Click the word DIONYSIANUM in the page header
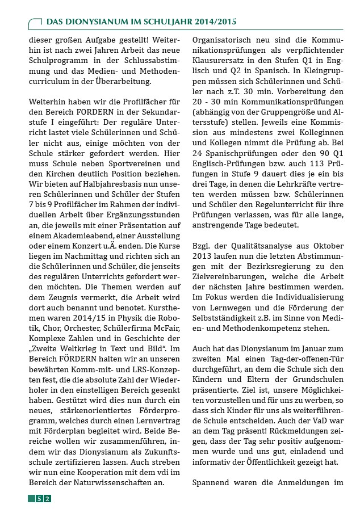coord(94,21)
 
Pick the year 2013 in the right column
coord(203,255)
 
